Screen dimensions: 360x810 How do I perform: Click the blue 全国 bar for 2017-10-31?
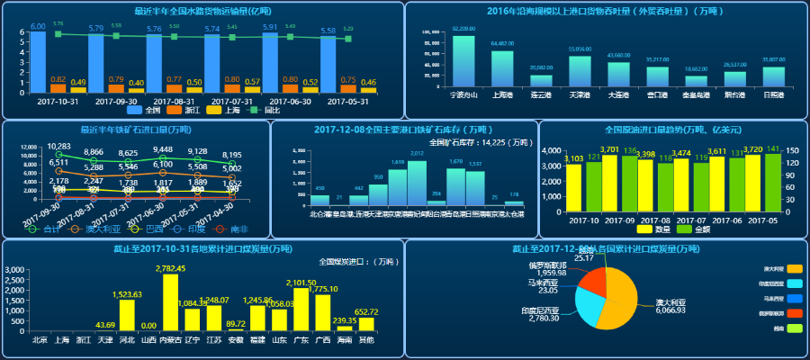pyautogui.click(x=38, y=63)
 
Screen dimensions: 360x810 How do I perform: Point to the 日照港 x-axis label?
pyautogui.click(x=773, y=94)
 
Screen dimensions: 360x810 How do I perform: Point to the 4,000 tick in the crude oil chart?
pyautogui.click(x=553, y=151)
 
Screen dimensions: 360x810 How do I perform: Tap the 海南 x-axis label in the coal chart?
pyautogui.click(x=344, y=340)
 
